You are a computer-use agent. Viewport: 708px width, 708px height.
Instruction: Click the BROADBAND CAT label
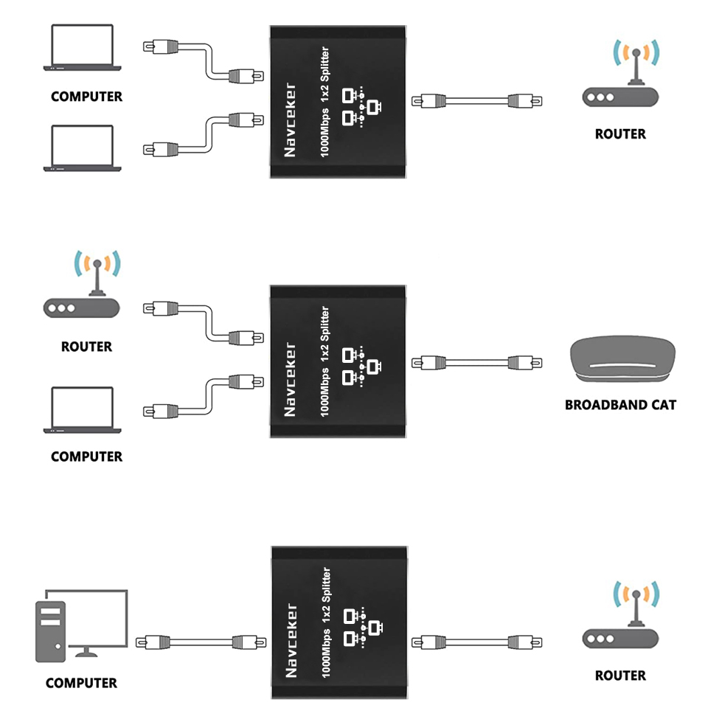[619, 405]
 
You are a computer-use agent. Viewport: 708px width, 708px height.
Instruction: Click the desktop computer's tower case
[51, 631]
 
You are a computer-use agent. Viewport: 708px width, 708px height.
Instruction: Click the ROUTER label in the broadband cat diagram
[86, 347]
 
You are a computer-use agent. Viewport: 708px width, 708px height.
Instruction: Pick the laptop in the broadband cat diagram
[82, 409]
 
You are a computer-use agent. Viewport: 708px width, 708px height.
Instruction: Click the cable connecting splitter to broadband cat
[476, 362]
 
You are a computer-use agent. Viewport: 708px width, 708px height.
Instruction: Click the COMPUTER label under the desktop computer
[81, 683]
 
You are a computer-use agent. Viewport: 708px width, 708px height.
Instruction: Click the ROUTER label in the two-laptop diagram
[620, 134]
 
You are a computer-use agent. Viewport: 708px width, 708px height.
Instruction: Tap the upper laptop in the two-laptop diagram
[82, 48]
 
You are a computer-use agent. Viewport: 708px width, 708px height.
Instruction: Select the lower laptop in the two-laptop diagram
[82, 148]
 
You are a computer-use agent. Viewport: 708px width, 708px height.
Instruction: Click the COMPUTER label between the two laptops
[86, 97]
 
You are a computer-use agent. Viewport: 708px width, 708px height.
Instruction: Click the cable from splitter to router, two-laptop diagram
[476, 100]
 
